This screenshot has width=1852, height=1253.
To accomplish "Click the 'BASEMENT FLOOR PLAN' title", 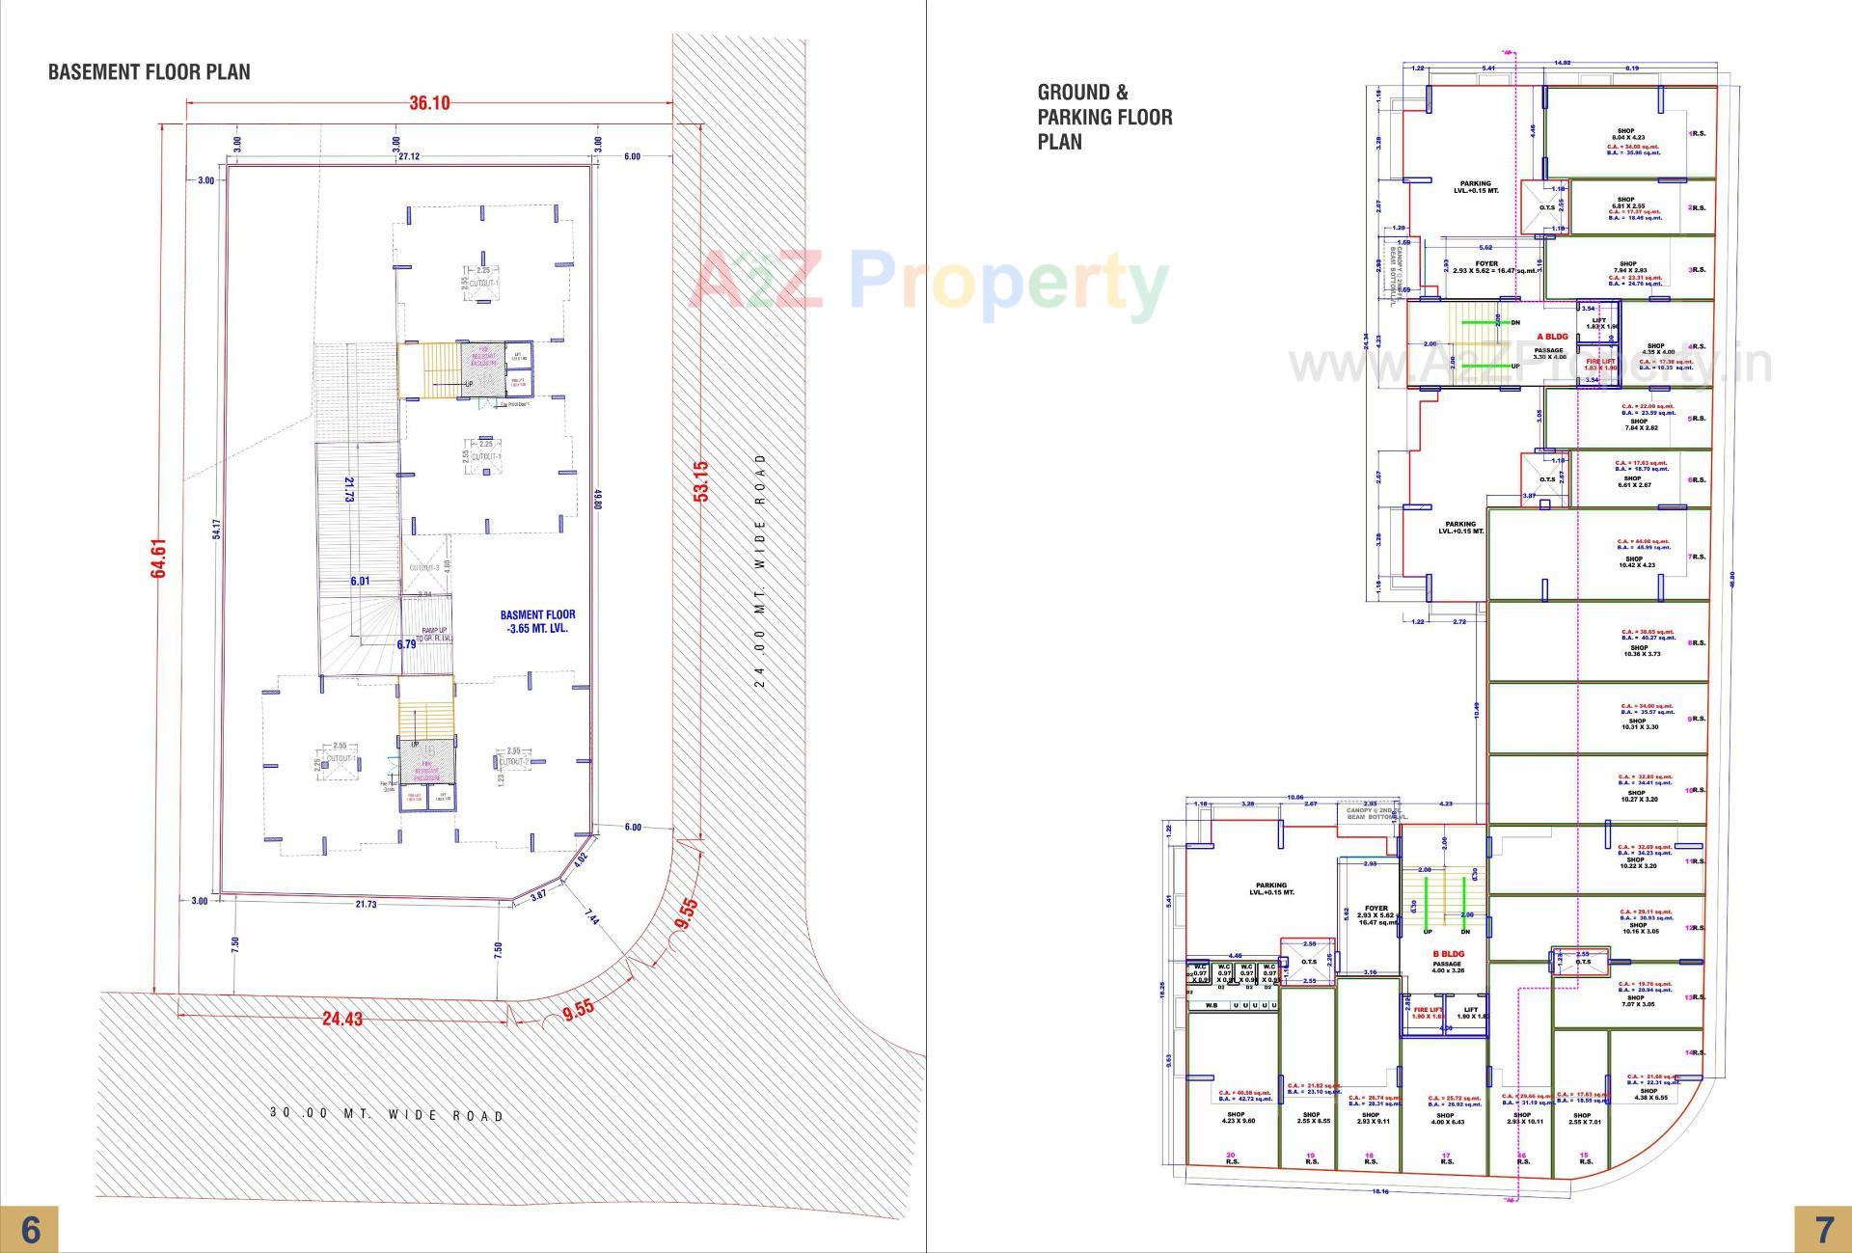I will (150, 72).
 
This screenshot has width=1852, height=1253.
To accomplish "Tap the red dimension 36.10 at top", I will (429, 103).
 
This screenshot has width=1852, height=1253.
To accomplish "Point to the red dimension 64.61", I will (159, 558).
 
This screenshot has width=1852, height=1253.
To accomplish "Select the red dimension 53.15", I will (701, 480).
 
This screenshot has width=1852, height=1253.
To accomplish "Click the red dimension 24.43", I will (342, 1019).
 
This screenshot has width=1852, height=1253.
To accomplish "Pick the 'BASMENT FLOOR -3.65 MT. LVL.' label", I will (537, 621).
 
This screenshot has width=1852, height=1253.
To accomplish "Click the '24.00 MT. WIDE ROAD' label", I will (759, 570).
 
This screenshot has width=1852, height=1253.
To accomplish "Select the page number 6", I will (30, 1230).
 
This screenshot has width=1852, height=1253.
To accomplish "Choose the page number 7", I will (1823, 1230).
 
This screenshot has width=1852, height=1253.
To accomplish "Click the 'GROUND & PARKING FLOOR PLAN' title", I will (1104, 117).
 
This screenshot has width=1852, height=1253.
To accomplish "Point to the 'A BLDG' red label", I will (1552, 337).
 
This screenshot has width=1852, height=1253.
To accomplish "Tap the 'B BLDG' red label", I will (1448, 954).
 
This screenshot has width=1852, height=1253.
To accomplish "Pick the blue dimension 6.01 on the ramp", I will (360, 581).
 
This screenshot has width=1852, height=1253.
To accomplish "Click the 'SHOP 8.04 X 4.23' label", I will (1625, 134).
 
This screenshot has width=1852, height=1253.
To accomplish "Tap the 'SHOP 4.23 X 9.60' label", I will (1236, 1118).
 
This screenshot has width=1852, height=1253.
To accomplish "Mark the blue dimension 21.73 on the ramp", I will (350, 489).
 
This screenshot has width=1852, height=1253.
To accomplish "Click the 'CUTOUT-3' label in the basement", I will (424, 568).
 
